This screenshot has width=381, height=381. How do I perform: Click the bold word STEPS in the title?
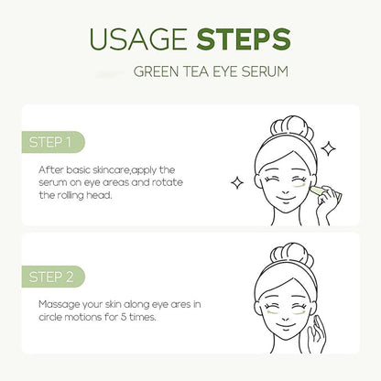(x=243, y=40)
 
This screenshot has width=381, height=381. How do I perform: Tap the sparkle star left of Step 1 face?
(x=236, y=182)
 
